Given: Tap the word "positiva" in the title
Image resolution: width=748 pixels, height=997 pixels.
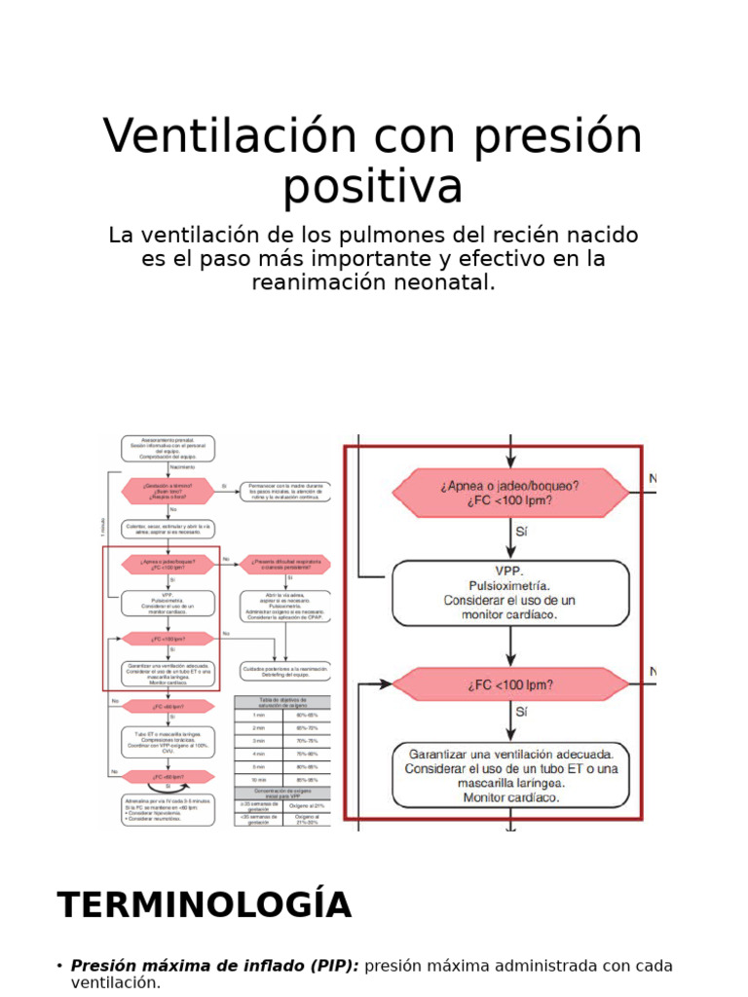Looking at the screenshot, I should (x=373, y=186).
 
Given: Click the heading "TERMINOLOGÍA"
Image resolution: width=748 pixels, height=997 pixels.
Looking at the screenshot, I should (x=204, y=905).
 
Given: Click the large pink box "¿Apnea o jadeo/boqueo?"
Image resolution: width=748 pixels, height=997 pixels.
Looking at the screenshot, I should (x=510, y=493).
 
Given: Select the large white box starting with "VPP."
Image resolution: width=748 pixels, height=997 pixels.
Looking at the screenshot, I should (x=510, y=593).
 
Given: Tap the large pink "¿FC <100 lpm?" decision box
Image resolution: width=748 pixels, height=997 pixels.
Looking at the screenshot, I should (x=510, y=684).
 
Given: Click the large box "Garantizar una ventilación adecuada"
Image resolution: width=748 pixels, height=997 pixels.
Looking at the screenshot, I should (x=510, y=775).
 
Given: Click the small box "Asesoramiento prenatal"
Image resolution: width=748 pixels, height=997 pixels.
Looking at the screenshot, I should (x=168, y=448).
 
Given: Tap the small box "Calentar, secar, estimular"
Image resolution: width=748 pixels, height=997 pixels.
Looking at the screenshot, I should (x=168, y=529).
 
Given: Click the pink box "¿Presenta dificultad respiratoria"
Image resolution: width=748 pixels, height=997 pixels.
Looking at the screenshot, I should (x=285, y=565).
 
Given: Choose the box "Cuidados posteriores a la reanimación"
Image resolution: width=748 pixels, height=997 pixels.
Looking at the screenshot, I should (x=286, y=671).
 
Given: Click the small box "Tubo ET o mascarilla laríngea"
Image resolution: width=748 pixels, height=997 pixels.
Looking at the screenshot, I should (x=168, y=741).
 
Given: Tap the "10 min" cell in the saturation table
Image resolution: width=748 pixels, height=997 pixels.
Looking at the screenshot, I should (x=258, y=779).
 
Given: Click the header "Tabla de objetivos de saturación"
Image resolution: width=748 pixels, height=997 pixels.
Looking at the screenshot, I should (x=282, y=702).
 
